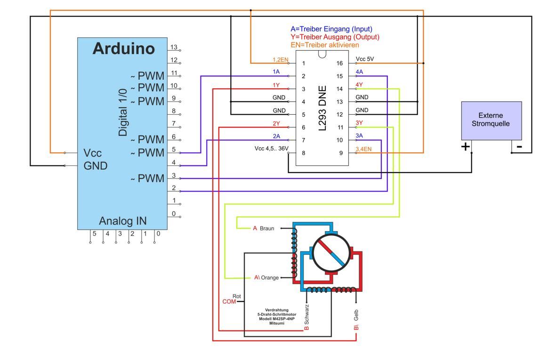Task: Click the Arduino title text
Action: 124,48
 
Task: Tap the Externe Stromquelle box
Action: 491,121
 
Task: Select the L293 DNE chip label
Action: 322,108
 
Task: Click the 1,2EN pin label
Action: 280,60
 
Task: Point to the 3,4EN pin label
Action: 363,149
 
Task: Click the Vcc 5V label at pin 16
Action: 364,59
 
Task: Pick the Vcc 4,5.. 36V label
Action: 271,148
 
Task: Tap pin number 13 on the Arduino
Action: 174,47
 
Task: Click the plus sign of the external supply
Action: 465,146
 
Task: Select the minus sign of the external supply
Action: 519,147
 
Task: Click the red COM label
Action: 229,302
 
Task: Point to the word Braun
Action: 266,228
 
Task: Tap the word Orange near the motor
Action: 270,277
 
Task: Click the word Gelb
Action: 356,315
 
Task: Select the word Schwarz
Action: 306,314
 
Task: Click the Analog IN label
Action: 123,221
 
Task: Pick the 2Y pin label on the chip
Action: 276,124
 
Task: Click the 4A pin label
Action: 359,72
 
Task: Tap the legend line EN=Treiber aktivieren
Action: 325,45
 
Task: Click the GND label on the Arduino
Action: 96,165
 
